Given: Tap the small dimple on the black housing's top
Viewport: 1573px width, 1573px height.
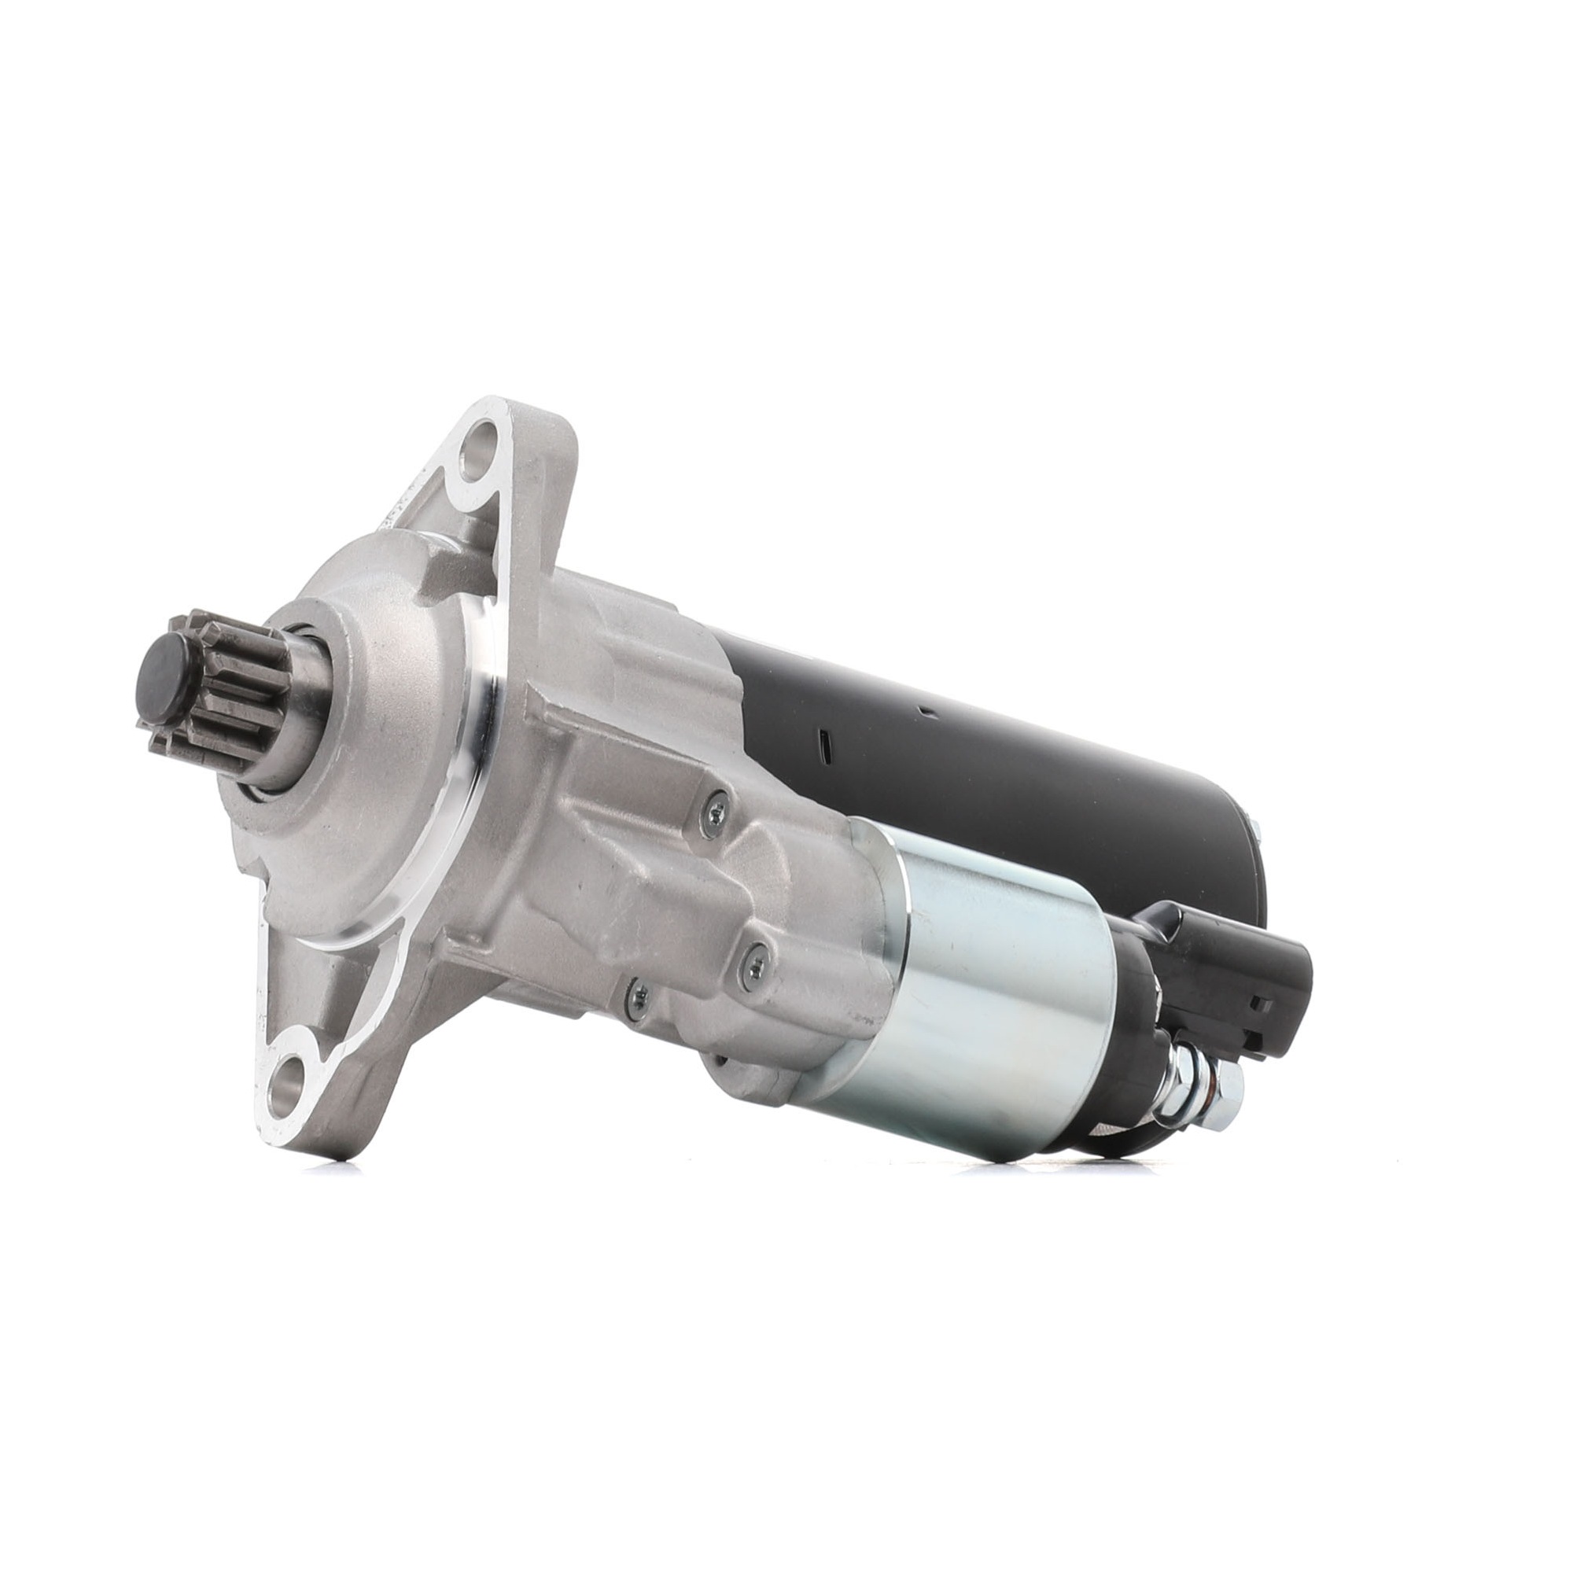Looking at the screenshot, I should point(926,715).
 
